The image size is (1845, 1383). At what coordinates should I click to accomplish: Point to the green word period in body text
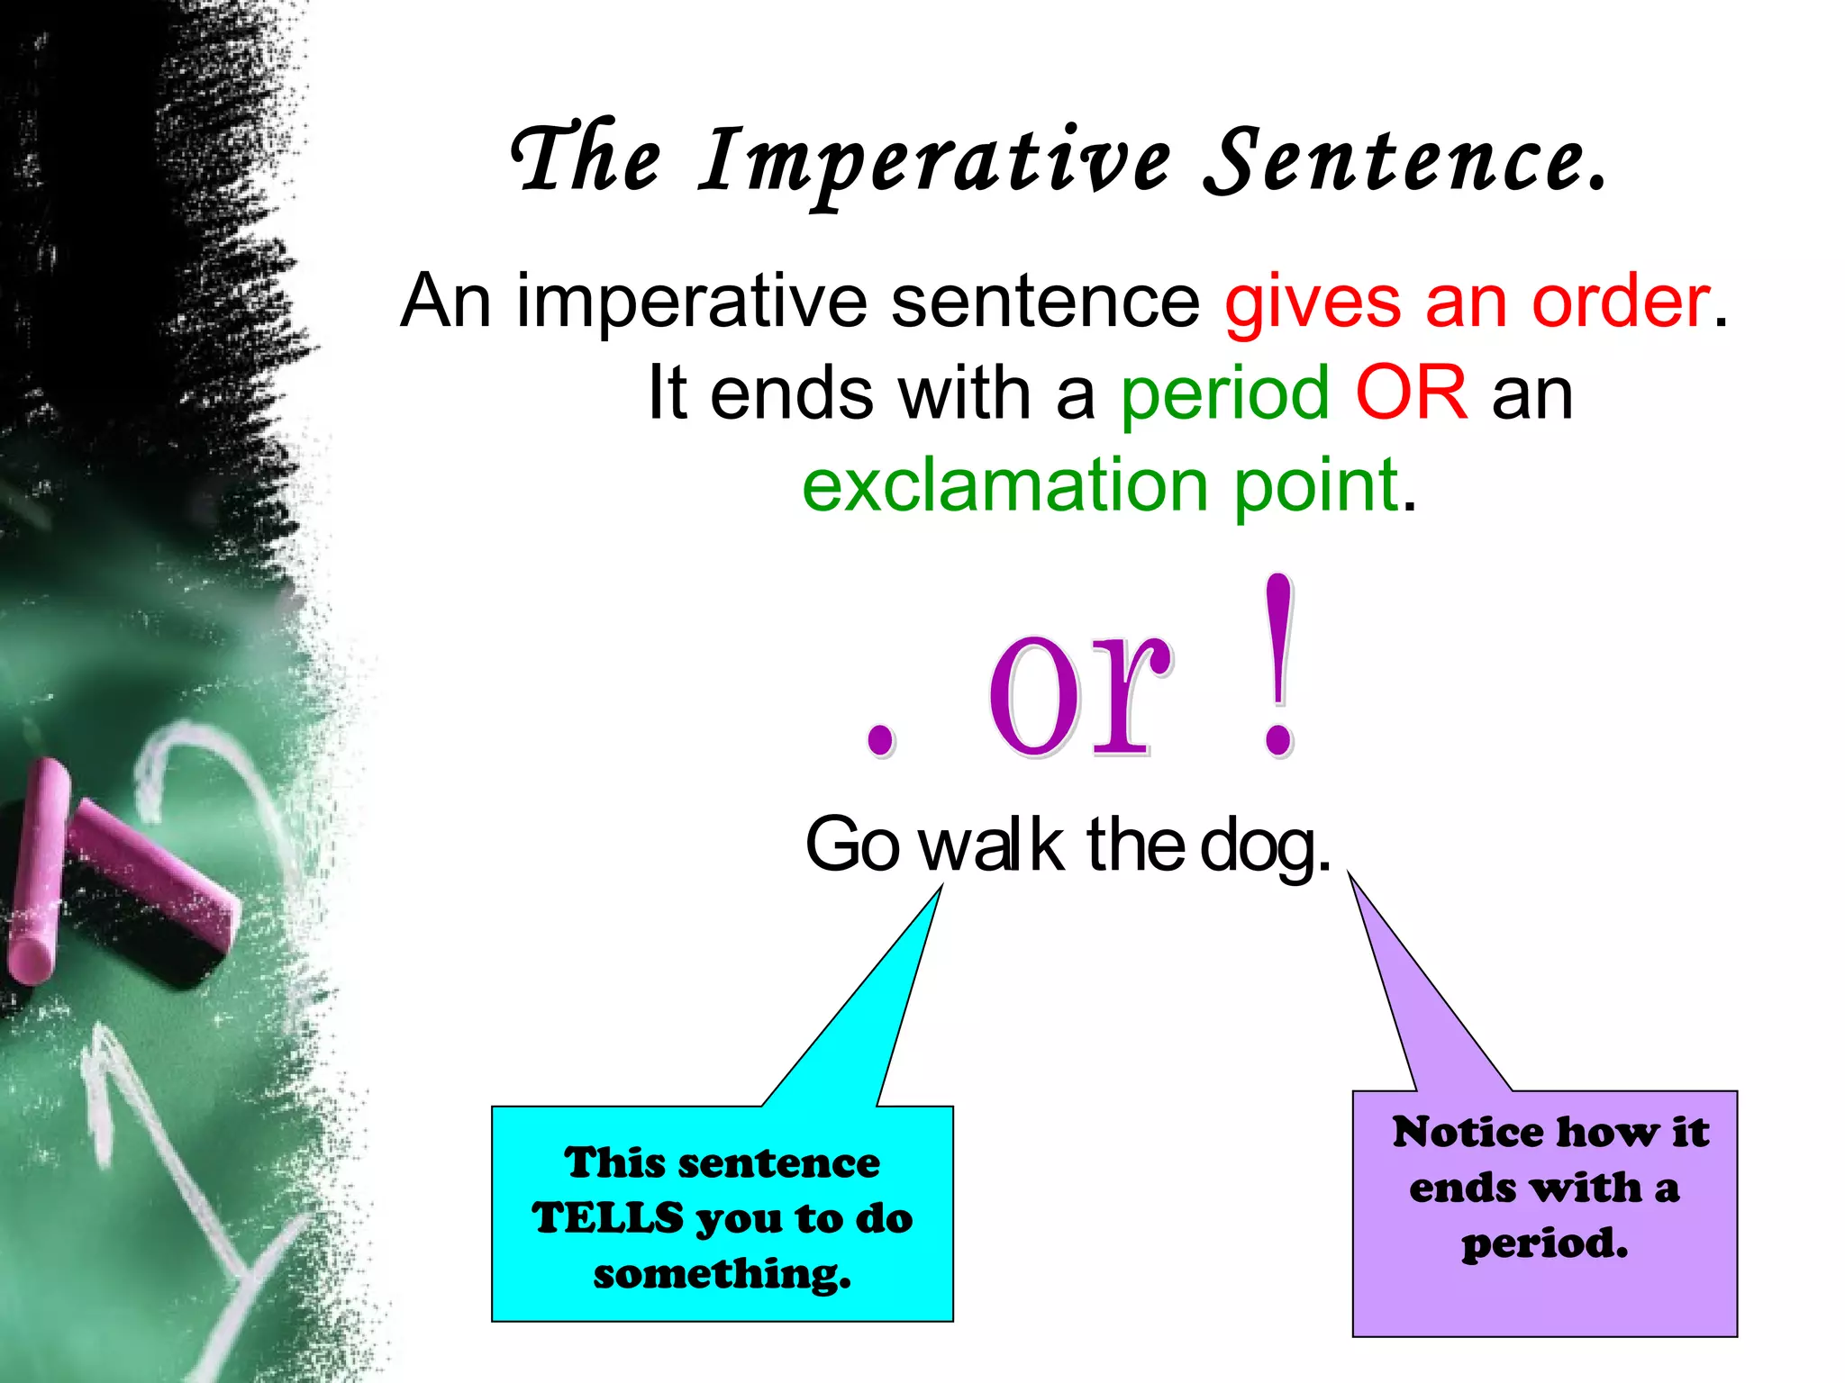click(x=1224, y=394)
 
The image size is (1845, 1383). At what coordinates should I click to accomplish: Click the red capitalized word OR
click(x=1411, y=394)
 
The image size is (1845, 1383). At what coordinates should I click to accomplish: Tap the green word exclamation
click(x=1004, y=486)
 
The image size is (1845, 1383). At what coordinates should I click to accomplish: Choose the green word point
click(x=1315, y=486)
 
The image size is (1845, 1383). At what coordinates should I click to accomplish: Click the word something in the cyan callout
click(x=722, y=1274)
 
